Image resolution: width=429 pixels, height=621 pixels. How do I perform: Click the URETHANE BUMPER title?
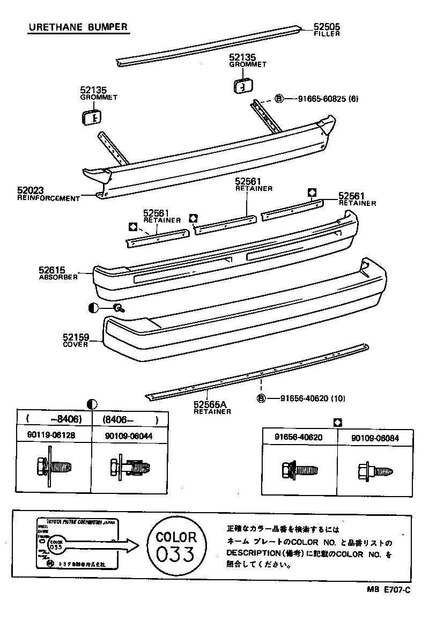[x=78, y=27]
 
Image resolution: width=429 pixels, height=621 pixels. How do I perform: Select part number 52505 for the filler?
[x=327, y=27]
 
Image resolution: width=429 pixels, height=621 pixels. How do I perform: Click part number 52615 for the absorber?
[x=52, y=270]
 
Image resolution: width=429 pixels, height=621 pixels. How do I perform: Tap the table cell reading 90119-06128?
[x=51, y=436]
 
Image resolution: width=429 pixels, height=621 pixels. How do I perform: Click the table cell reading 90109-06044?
[x=129, y=436]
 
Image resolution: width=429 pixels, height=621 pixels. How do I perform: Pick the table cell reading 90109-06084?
[x=375, y=438]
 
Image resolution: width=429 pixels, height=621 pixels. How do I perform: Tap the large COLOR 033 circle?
[x=176, y=545]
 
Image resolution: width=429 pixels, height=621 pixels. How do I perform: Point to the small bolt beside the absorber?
[x=119, y=307]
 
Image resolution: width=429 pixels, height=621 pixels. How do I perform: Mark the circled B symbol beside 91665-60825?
[x=279, y=99]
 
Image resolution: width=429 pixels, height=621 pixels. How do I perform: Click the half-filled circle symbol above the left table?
[x=92, y=404]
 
